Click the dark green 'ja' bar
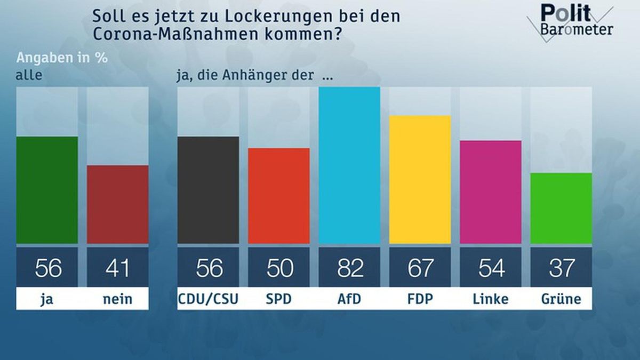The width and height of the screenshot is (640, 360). click(47, 190)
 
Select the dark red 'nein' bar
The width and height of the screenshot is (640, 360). click(117, 204)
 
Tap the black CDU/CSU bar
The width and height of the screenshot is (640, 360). click(208, 190)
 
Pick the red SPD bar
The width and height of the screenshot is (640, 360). click(278, 196)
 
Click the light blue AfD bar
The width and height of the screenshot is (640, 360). click(349, 165)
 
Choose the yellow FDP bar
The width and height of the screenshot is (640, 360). click(420, 180)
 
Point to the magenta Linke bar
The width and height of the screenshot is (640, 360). click(490, 192)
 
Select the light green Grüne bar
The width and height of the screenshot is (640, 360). click(561, 208)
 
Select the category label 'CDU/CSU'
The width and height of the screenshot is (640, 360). click(208, 300)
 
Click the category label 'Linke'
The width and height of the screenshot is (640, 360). click(490, 300)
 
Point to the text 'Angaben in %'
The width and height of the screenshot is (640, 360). click(62, 58)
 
